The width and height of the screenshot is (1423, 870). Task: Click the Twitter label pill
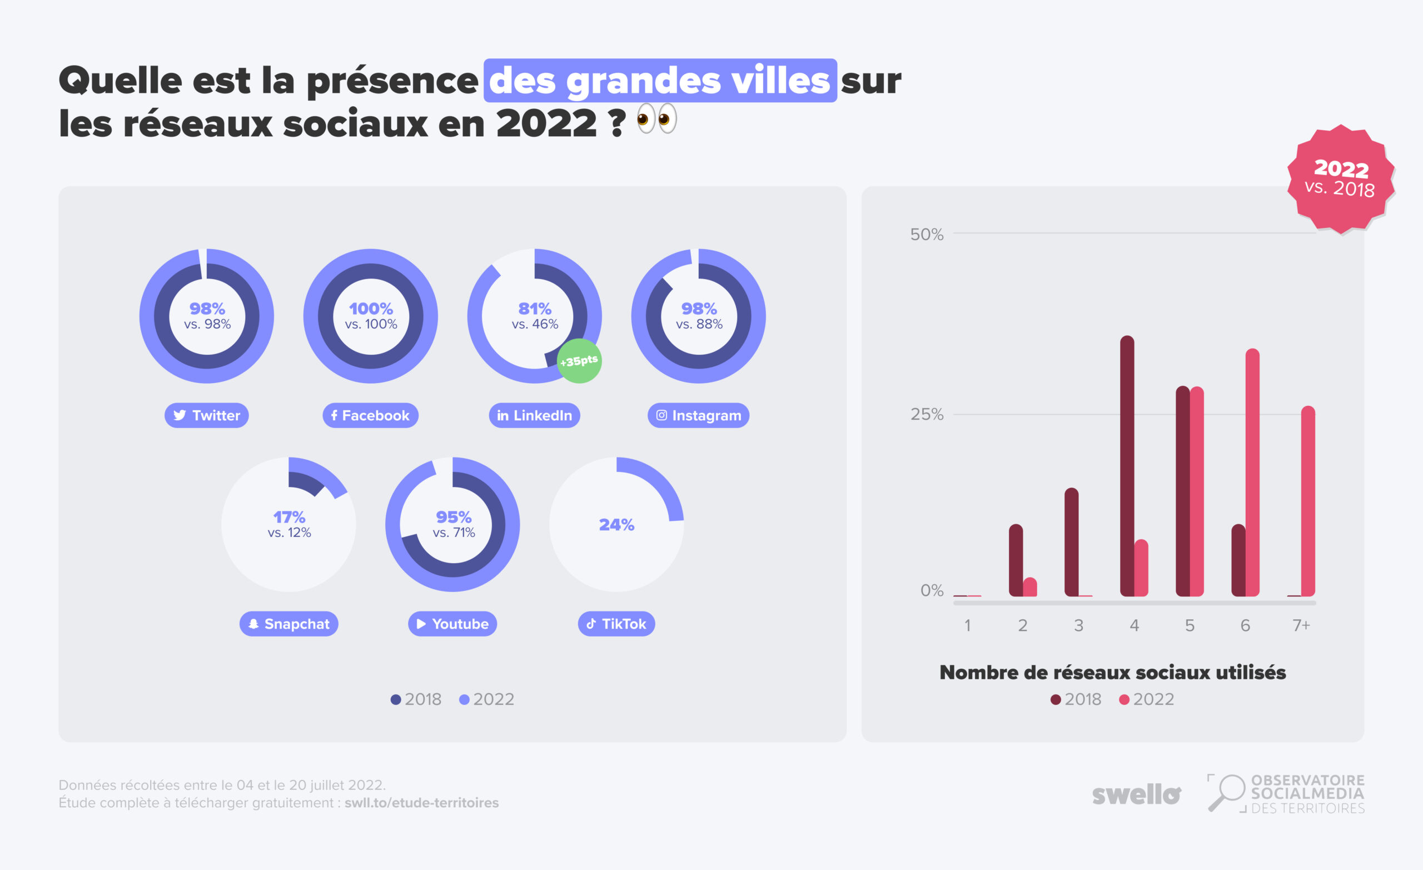click(x=206, y=415)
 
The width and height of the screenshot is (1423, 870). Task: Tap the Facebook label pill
click(x=370, y=415)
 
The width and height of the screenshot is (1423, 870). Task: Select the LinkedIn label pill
click(x=534, y=415)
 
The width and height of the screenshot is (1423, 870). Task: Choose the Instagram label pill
click(x=698, y=415)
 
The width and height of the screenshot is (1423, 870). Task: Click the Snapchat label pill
click(x=288, y=624)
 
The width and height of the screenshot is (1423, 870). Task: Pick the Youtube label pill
click(x=452, y=624)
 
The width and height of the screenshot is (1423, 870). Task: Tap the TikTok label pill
click(x=616, y=624)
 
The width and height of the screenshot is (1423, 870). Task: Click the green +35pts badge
click(x=579, y=361)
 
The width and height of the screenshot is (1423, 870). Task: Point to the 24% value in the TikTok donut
click(x=616, y=525)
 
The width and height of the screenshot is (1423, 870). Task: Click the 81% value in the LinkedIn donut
click(x=535, y=309)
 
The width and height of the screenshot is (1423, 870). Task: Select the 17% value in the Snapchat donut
click(x=288, y=517)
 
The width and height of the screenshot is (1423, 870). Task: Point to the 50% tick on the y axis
click(x=926, y=235)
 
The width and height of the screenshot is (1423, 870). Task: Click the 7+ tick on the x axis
click(x=1301, y=625)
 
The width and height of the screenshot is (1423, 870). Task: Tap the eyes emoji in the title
click(x=656, y=119)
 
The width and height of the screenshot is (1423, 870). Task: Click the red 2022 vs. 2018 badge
click(x=1340, y=179)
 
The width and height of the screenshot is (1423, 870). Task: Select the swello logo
click(x=1136, y=795)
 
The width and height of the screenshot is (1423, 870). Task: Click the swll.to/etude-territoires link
click(x=421, y=803)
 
